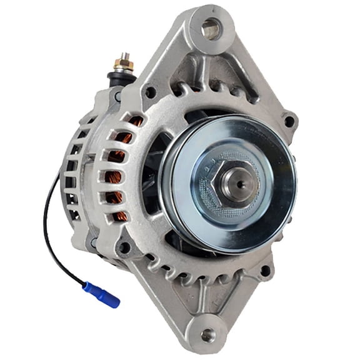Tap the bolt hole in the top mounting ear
coord(211,27)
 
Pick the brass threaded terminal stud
coord(123,62)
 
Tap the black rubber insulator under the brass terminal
coord(121,77)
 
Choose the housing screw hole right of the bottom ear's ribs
coord(265,271)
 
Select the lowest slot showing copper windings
coord(119,216)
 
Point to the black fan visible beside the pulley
coord(152,181)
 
